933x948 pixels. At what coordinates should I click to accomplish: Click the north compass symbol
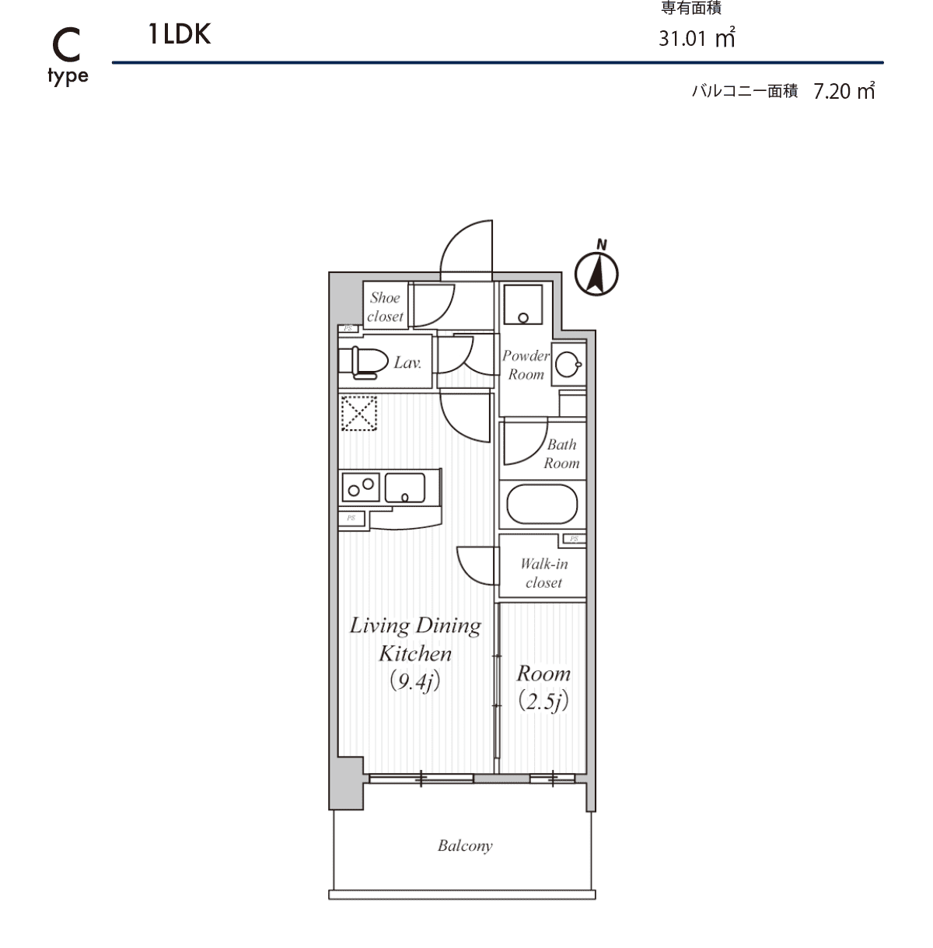coord(596,274)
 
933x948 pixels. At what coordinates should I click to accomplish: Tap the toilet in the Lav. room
coord(363,362)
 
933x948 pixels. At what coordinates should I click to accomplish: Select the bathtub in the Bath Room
coord(542,504)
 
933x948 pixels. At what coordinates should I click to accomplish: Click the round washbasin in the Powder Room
coord(568,365)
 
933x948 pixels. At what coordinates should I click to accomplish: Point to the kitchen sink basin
coord(405,488)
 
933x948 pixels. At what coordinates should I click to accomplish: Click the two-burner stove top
coord(361,487)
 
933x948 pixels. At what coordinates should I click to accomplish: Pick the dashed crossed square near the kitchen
coord(359,413)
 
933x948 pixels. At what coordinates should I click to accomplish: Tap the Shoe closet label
coord(385,307)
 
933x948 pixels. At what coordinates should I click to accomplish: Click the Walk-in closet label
coord(543,573)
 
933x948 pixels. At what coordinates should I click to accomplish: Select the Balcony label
coord(465,845)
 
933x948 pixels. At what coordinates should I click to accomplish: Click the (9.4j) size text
coord(414,682)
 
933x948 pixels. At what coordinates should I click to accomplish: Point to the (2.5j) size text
coord(543,701)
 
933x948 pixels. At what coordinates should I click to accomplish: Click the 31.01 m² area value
coord(697,37)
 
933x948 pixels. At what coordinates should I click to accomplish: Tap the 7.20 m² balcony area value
coord(844,90)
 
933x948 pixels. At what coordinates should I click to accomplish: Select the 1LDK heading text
coord(180,34)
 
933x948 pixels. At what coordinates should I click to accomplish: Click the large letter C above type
coord(66,45)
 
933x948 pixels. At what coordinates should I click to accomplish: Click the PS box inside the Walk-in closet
coord(574,539)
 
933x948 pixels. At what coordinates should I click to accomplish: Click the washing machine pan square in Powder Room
coord(522,304)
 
